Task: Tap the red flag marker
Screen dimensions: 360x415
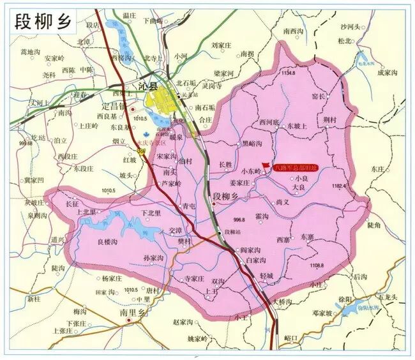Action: pyautogui.click(x=266, y=164)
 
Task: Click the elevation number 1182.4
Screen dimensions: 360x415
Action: pyautogui.click(x=338, y=186)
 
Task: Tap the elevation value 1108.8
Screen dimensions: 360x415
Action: pyautogui.click(x=317, y=266)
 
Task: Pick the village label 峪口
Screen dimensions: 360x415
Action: pyautogui.click(x=292, y=336)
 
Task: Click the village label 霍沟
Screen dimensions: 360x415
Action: pyautogui.click(x=262, y=217)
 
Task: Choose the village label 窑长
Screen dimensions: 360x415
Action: pyautogui.click(x=319, y=96)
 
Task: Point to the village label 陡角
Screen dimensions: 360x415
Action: pyautogui.click(x=374, y=225)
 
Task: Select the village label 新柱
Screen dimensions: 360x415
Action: pyautogui.click(x=34, y=298)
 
